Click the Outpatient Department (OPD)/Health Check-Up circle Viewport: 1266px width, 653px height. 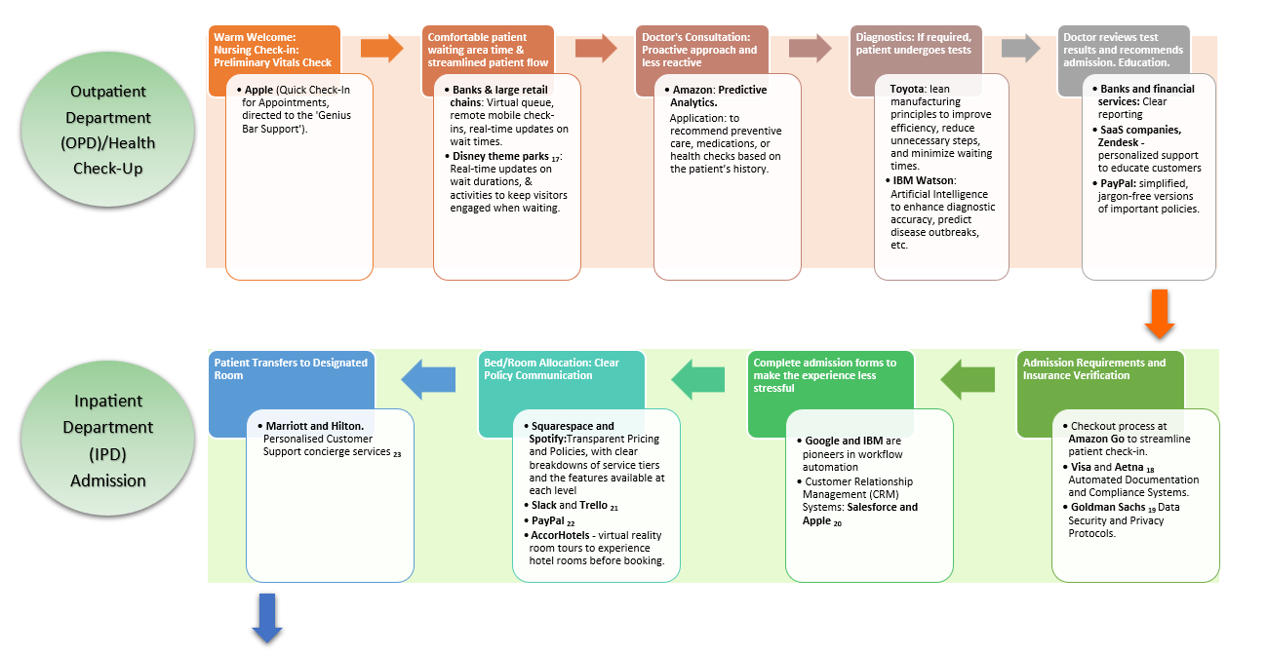pos(108,131)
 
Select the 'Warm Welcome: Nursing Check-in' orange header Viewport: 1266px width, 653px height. pos(273,49)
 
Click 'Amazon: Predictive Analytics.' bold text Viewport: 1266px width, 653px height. pos(720,96)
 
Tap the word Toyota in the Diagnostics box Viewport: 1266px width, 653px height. pos(908,90)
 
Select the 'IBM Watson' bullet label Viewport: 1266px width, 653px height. pos(924,180)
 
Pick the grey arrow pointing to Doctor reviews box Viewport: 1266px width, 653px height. pos(1020,48)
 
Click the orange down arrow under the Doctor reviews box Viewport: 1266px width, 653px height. pos(1158,314)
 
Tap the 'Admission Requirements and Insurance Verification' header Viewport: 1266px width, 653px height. pos(1093,368)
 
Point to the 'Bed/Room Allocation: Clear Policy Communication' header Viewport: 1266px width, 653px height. pos(551,368)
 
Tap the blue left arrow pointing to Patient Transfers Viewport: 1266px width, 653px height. pos(429,378)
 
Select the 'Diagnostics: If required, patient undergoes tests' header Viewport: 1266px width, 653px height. pos(914,43)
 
